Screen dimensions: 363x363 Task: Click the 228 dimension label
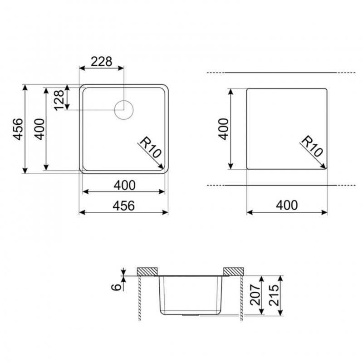pos(101,62)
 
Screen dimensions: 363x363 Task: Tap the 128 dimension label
pos(59,100)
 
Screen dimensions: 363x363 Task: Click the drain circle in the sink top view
pos(124,110)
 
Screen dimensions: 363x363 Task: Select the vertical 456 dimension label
pos(18,129)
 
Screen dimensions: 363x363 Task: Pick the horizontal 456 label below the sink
pos(123,206)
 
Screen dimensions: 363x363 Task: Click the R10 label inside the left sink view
pos(150,147)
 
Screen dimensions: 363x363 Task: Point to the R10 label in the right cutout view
pos(312,146)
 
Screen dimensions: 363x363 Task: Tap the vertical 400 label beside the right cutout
pos(223,129)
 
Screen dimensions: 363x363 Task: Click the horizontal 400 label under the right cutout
pos(287,206)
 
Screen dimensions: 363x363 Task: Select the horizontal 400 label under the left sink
pos(124,185)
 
